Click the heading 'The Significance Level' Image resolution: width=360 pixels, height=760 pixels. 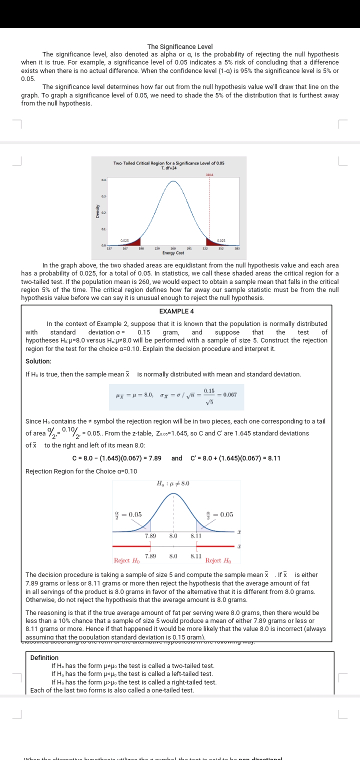coord(180,46)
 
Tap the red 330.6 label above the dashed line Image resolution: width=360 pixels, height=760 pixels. coord(209,174)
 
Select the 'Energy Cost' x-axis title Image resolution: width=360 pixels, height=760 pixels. coord(173,253)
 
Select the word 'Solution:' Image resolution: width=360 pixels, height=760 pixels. coord(38,361)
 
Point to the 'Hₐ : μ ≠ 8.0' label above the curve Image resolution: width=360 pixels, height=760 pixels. coord(173,483)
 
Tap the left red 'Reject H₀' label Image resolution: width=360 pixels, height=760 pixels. coord(127,561)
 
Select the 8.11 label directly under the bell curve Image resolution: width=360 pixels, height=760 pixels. coord(196,535)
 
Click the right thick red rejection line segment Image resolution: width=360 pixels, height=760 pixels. coord(215,546)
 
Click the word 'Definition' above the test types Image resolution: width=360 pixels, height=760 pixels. coord(44,657)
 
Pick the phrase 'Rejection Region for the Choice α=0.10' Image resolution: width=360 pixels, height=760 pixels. coord(81,471)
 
